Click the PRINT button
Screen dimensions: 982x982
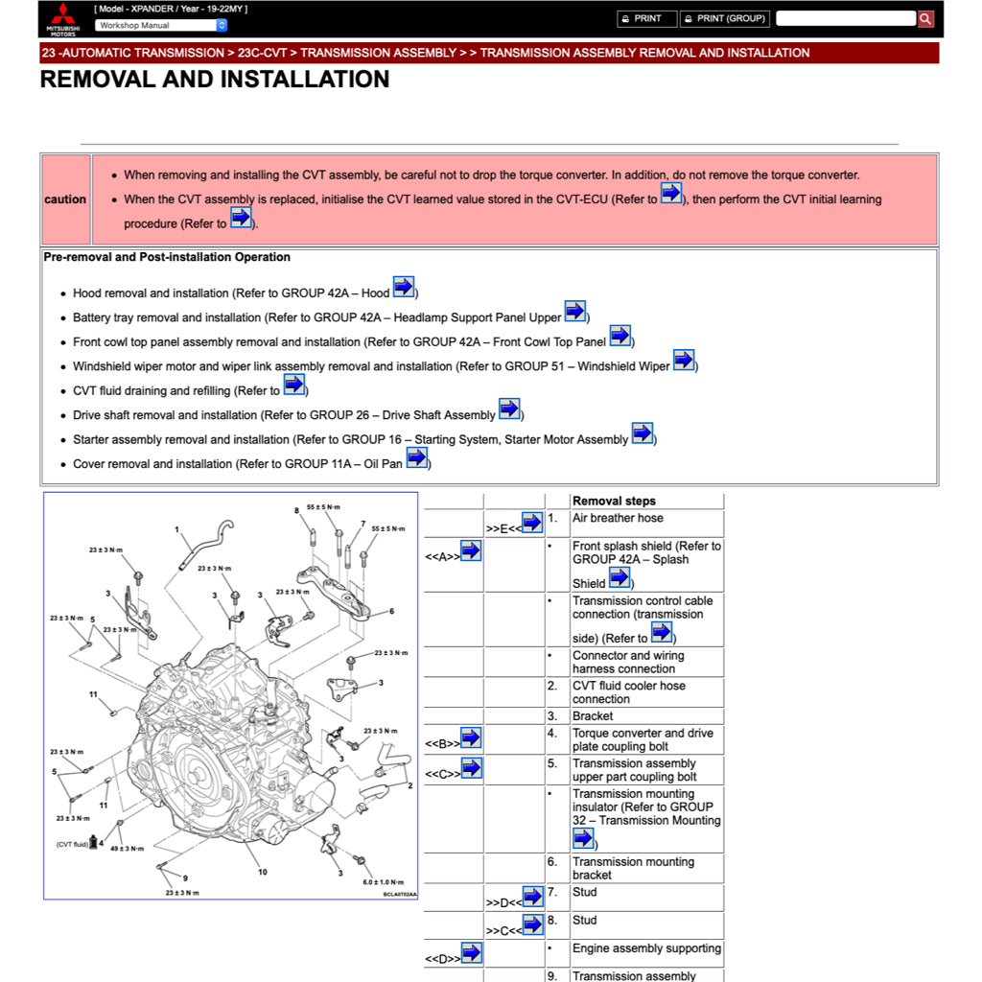pyautogui.click(x=642, y=18)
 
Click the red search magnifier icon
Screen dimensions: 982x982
pyautogui.click(x=925, y=18)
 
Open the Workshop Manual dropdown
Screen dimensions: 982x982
pyautogui.click(x=161, y=25)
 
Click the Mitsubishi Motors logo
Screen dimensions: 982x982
pyautogui.click(x=64, y=19)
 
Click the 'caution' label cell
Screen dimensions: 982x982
pyautogui.click(x=65, y=199)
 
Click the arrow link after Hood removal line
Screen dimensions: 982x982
pyautogui.click(x=404, y=287)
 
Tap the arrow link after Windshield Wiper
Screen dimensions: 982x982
pyautogui.click(x=684, y=360)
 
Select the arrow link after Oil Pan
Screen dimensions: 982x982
pyautogui.click(x=416, y=457)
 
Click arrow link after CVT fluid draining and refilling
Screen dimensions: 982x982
pyautogui.click(x=294, y=385)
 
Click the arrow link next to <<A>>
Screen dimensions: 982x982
pyautogui.click(x=471, y=550)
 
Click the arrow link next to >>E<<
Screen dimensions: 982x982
pyautogui.click(x=532, y=523)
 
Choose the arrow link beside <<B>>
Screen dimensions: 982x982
pyautogui.click(x=471, y=737)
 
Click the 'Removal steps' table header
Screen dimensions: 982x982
pyautogui.click(x=614, y=501)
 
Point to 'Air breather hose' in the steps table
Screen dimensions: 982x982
pyautogui.click(x=618, y=518)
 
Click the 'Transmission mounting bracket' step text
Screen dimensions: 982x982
pyautogui.click(x=633, y=868)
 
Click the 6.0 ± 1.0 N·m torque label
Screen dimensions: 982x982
pyautogui.click(x=383, y=882)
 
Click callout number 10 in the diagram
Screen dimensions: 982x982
pyautogui.click(x=262, y=872)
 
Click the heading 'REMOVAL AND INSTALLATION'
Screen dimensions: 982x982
pyautogui.click(x=215, y=80)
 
